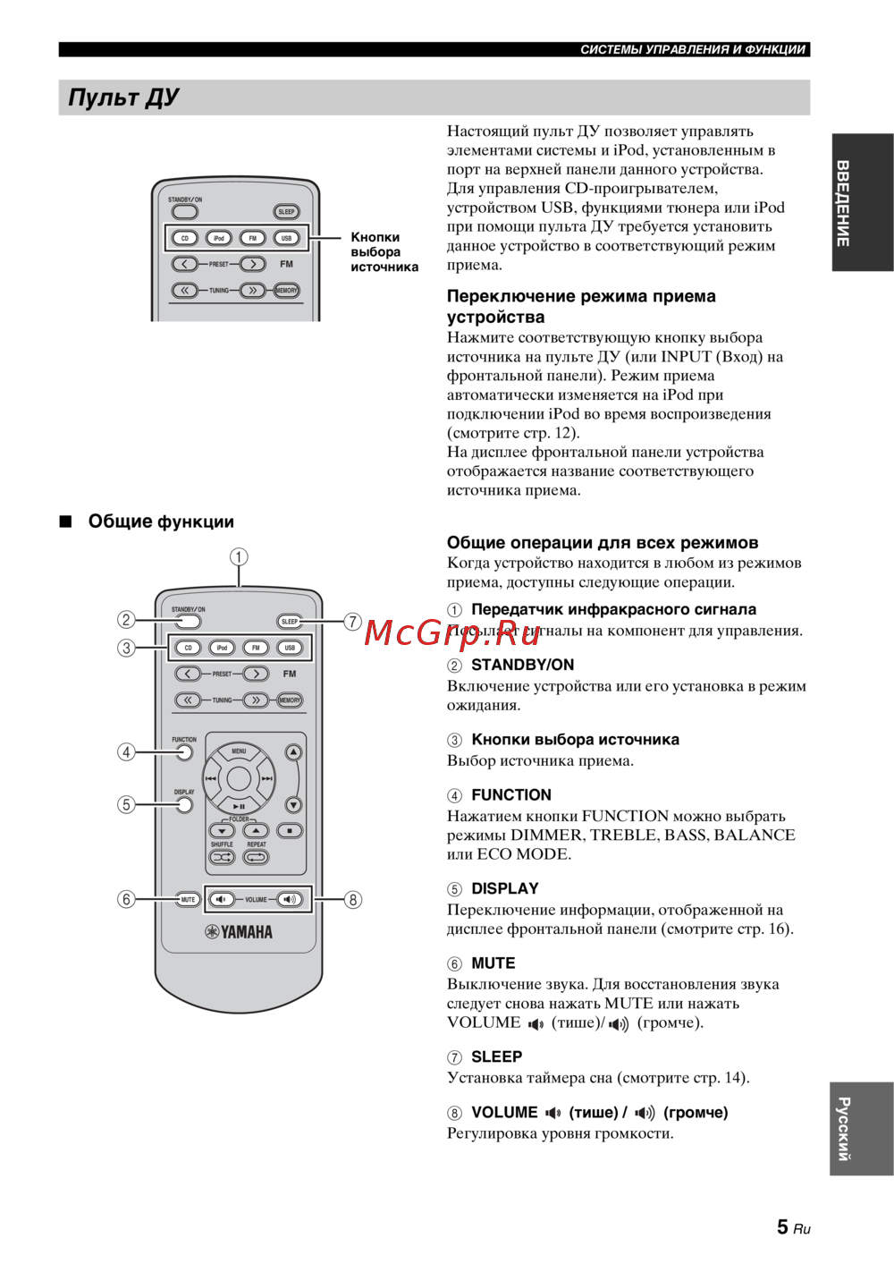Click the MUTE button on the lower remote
click(188, 899)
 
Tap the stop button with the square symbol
click(290, 831)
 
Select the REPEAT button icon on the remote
click(256, 857)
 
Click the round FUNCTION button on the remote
click(184, 752)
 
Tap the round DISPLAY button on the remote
click(184, 805)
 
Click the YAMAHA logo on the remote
click(239, 932)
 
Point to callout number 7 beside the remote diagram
click(353, 621)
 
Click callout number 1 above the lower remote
click(239, 556)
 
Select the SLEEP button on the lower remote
click(290, 621)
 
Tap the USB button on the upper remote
click(286, 238)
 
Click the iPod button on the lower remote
click(222, 648)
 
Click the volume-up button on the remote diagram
click(290, 899)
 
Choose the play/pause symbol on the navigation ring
click(239, 806)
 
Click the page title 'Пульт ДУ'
click(123, 98)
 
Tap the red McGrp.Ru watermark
click(452, 632)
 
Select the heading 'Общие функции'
click(161, 522)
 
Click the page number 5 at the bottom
click(782, 1227)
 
